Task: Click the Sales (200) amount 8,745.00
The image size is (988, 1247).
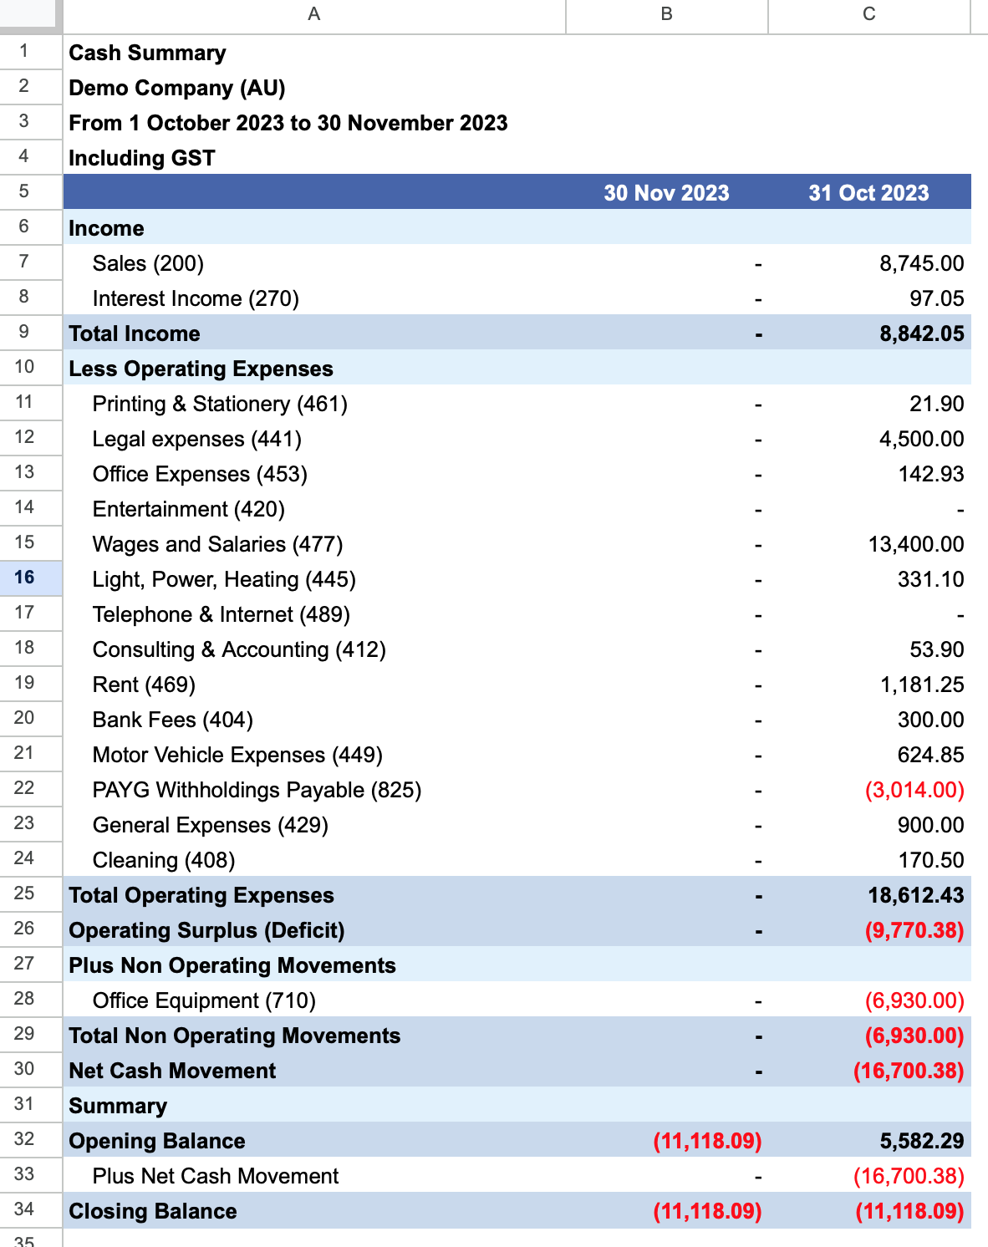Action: click(x=921, y=263)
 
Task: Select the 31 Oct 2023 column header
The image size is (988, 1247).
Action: click(x=868, y=193)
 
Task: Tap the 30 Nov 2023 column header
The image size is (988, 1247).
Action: click(x=666, y=193)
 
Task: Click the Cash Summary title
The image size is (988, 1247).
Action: click(x=147, y=53)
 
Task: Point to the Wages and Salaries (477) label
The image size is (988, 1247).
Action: click(x=217, y=545)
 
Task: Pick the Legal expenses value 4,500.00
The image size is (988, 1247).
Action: click(x=921, y=440)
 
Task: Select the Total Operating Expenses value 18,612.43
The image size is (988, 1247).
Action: click(x=916, y=895)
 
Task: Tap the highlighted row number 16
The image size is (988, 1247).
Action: click(x=24, y=578)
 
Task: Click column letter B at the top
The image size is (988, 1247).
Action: click(x=666, y=14)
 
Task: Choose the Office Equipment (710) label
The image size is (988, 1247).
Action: click(x=204, y=1000)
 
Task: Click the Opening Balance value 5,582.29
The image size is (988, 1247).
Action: click(x=922, y=1141)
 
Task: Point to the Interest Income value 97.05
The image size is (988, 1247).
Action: click(x=936, y=299)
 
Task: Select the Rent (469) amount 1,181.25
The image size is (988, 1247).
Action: click(x=922, y=685)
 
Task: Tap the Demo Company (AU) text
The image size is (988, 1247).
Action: click(x=176, y=88)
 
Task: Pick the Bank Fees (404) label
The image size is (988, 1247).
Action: click(x=173, y=720)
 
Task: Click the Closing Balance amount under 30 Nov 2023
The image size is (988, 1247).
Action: click(x=707, y=1211)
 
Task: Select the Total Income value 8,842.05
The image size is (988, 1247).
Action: click(x=922, y=333)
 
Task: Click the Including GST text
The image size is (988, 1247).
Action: click(x=142, y=158)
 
